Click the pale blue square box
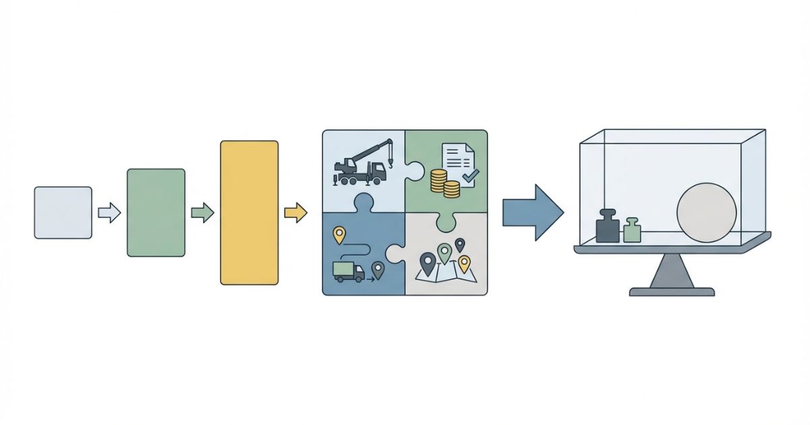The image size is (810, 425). pyautogui.click(x=63, y=213)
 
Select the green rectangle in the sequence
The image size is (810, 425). pyautogui.click(x=156, y=213)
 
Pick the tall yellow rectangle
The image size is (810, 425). pyautogui.click(x=249, y=213)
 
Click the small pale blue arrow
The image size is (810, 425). pyautogui.click(x=109, y=214)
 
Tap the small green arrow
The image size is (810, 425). pyautogui.click(x=202, y=214)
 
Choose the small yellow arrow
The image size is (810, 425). pyautogui.click(x=295, y=214)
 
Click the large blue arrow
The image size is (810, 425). pyautogui.click(x=532, y=213)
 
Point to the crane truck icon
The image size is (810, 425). pyautogui.click(x=360, y=165)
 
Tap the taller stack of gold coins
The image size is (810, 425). pyautogui.click(x=439, y=182)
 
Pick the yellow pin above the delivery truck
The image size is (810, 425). pyautogui.click(x=339, y=235)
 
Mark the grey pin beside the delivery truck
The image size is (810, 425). pyautogui.click(x=377, y=271)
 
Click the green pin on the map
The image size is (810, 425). pyautogui.click(x=443, y=253)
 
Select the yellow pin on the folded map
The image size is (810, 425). pyautogui.click(x=464, y=262)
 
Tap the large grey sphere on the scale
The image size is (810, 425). pyautogui.click(x=706, y=213)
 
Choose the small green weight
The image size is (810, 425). pyautogui.click(x=632, y=231)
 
